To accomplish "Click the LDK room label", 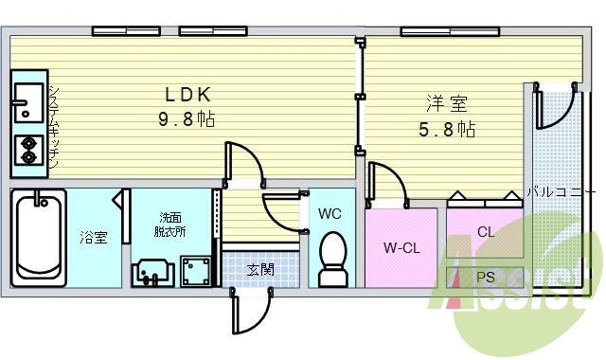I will click(x=187, y=95).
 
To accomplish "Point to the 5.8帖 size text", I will click(x=447, y=129).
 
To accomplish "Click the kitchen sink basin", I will click(x=27, y=99).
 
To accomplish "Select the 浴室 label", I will click(x=93, y=238).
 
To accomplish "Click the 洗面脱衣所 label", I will click(x=169, y=224).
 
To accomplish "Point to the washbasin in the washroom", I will click(x=151, y=272).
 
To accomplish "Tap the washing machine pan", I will click(x=195, y=271).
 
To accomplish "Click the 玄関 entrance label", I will click(x=260, y=269).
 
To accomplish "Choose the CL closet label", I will click(x=486, y=231).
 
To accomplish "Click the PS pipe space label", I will click(x=486, y=278).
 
